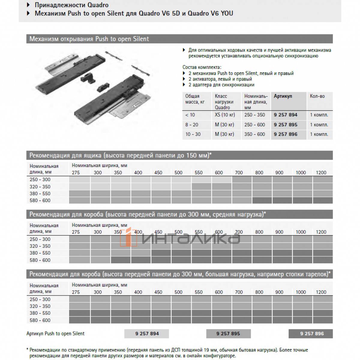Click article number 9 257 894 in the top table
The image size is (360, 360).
(285, 115)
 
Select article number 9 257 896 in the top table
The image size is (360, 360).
(285, 134)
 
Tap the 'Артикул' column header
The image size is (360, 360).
(283, 96)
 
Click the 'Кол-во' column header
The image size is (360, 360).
(317, 96)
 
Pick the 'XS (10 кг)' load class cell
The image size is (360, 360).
(225, 115)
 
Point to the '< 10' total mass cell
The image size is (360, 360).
(190, 115)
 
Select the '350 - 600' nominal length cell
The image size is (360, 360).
(254, 134)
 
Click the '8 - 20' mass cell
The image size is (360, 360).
(192, 125)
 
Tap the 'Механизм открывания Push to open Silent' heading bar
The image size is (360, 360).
(89, 39)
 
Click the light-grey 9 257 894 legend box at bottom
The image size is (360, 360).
(147, 334)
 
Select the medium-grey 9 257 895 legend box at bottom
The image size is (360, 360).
(228, 334)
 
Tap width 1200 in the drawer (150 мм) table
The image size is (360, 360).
(321, 173)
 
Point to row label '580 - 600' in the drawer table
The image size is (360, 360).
(40, 200)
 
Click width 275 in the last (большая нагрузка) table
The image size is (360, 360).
(76, 292)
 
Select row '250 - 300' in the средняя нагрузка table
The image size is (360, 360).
(40, 239)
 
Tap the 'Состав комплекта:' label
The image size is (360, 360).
(202, 67)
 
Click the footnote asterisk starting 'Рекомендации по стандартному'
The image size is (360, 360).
(28, 350)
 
